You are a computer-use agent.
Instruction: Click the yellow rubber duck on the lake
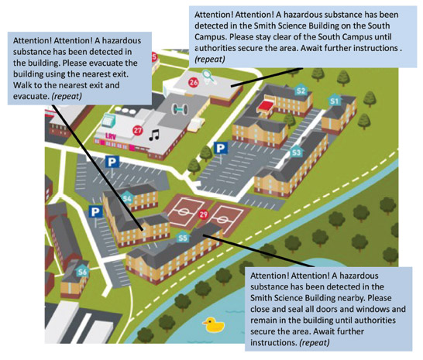[x=213, y=324]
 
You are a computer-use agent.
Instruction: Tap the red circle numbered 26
[x=194, y=82]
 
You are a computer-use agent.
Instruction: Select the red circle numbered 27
[x=138, y=131]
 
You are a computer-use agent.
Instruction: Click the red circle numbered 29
[x=204, y=214]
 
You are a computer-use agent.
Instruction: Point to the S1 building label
[x=335, y=101]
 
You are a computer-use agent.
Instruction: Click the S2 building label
[x=301, y=90]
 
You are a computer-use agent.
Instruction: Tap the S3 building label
[x=296, y=153]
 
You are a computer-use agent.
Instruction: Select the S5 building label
[x=183, y=238]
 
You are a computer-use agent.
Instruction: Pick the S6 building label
[x=83, y=271]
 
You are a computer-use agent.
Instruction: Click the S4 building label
[x=127, y=198]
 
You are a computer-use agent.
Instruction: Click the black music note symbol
[x=154, y=135]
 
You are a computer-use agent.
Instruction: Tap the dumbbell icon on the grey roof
[x=179, y=108]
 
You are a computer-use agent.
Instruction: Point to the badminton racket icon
[x=209, y=76]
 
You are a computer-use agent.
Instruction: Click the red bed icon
[x=266, y=105]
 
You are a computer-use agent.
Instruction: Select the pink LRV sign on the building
[x=111, y=136]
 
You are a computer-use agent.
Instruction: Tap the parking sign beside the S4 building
[x=95, y=212]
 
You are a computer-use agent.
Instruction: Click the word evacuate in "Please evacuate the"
[x=107, y=63]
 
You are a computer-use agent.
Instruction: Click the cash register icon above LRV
[x=108, y=120]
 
